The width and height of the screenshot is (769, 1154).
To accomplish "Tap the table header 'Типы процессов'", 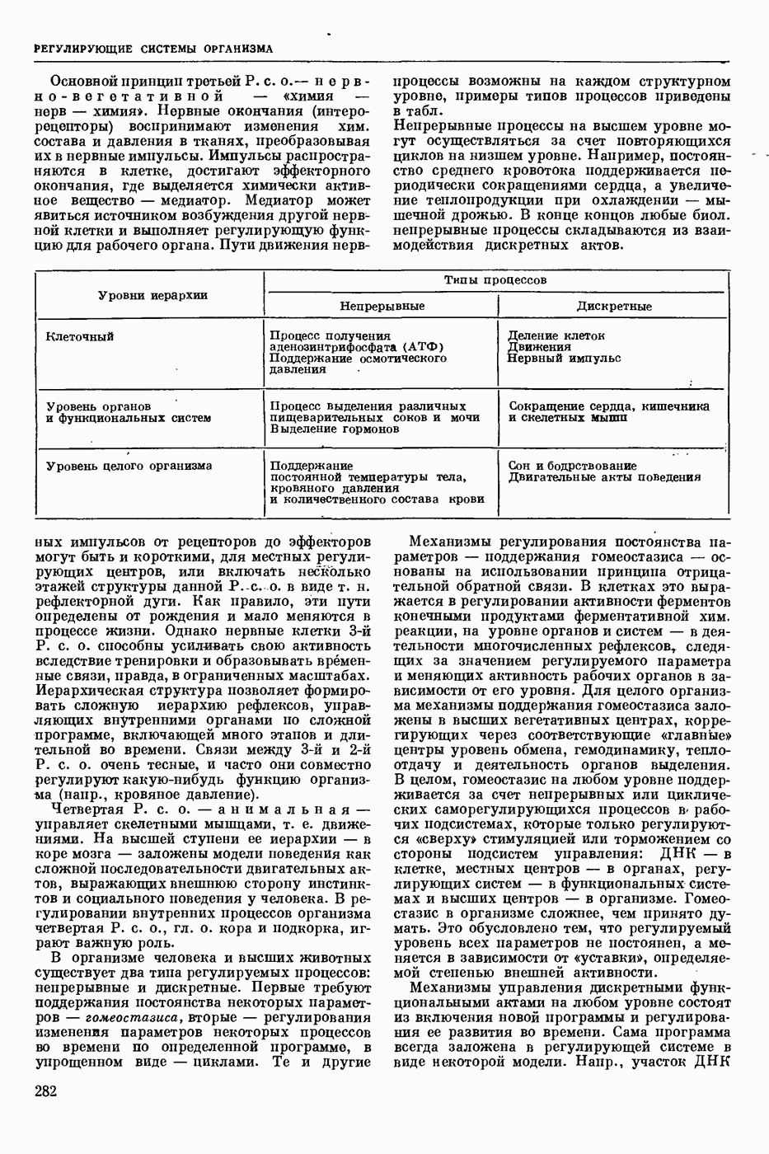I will (x=495, y=280).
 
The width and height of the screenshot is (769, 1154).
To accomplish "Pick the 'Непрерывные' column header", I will (x=382, y=306).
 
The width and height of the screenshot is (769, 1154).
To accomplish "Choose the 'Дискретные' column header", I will (x=614, y=306).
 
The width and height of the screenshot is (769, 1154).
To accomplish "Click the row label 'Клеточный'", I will (x=80, y=336).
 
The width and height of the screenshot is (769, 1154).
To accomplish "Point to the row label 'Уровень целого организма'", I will (x=129, y=466).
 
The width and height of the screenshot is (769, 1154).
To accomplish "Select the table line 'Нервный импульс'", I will (x=564, y=359).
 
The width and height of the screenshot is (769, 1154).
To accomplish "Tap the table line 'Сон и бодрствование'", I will (x=572, y=466).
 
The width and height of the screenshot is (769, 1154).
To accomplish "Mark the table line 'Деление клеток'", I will (x=556, y=335).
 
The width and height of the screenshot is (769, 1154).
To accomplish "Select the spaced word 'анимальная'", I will (x=282, y=810).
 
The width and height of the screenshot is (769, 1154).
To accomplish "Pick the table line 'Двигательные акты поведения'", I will (x=604, y=477).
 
